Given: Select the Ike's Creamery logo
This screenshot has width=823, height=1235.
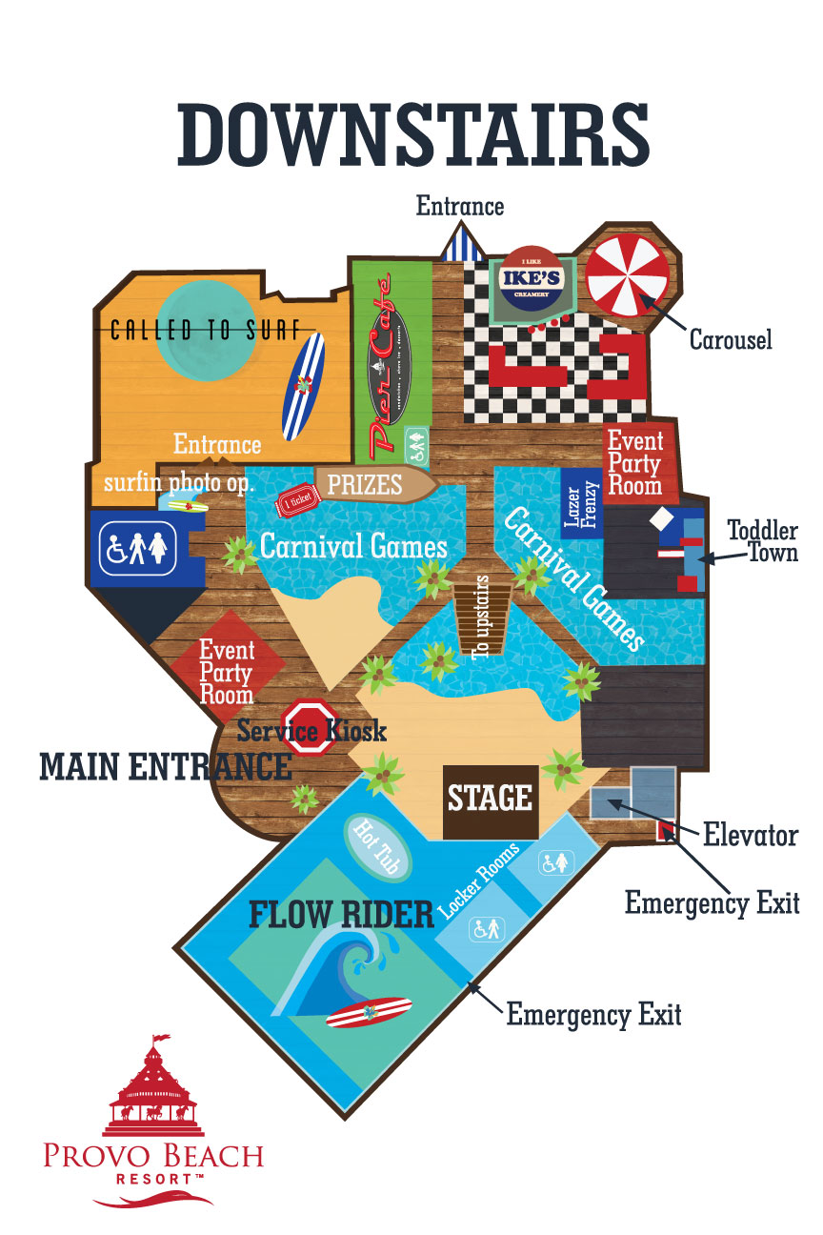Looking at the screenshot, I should coord(534,281).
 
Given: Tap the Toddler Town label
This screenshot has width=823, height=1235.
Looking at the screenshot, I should coord(762,540).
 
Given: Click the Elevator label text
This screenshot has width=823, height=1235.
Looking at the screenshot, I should coord(750,836).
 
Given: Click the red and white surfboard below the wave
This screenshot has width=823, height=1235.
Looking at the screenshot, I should coord(368,1012).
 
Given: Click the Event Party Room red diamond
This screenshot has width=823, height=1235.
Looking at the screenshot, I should coord(227,671).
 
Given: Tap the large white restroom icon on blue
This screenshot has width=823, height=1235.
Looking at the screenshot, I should coord(138,547).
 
